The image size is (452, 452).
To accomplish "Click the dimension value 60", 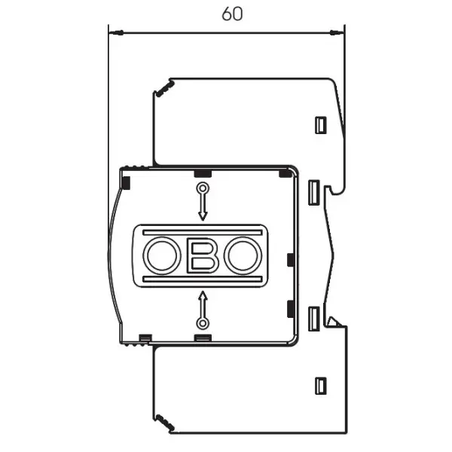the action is (232, 14).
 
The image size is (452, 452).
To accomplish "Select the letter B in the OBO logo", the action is (203, 258).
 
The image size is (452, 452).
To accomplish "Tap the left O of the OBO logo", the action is (162, 255).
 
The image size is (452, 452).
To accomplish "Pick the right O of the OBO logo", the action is (243, 255).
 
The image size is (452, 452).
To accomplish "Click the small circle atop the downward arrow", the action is (203, 189).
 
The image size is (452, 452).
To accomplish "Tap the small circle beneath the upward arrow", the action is (203, 323).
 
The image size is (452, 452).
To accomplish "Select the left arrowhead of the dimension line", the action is (116, 32).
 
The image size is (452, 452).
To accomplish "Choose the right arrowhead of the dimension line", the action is (337, 32).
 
